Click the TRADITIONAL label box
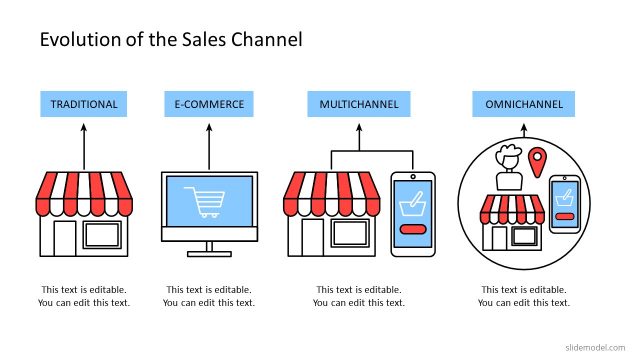click(x=84, y=104)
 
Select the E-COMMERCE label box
click(x=209, y=104)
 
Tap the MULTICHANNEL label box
click(x=359, y=104)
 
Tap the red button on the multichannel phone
click(x=413, y=230)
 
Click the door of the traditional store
click(x=65, y=239)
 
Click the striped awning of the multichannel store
click(x=333, y=193)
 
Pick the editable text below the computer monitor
click(x=209, y=296)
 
